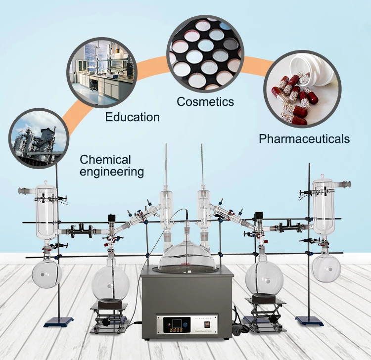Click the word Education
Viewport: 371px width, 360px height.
pyautogui.click(x=132, y=117)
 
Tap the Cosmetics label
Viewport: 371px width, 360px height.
pyautogui.click(x=205, y=102)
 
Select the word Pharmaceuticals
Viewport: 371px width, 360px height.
pyautogui.click(x=304, y=138)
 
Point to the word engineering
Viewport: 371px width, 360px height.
pyautogui.click(x=112, y=172)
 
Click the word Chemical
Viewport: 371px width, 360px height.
pyautogui.click(x=105, y=160)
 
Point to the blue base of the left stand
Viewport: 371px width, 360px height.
pyautogui.click(x=58, y=321)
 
